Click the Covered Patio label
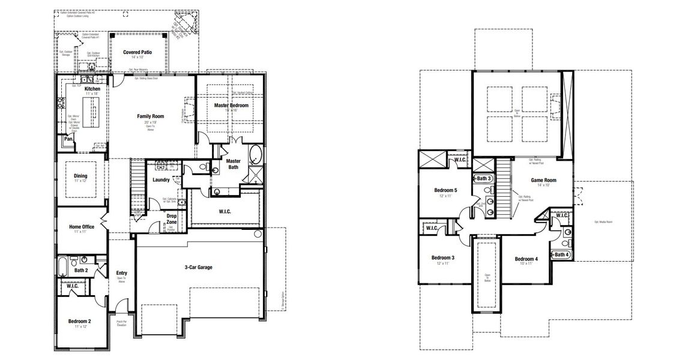(137, 52)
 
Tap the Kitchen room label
(92, 89)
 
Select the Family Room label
(150, 116)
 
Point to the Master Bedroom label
(231, 106)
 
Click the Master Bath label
(233, 163)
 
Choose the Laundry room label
(161, 179)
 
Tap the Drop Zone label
(172, 219)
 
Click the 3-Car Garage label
(198, 267)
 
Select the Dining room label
(80, 176)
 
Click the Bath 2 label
(82, 271)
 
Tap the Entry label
(121, 274)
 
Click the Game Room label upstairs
(543, 180)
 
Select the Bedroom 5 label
(445, 190)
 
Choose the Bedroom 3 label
(443, 258)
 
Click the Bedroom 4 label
(527, 259)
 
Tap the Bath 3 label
(484, 179)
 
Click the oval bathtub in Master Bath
(255, 154)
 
